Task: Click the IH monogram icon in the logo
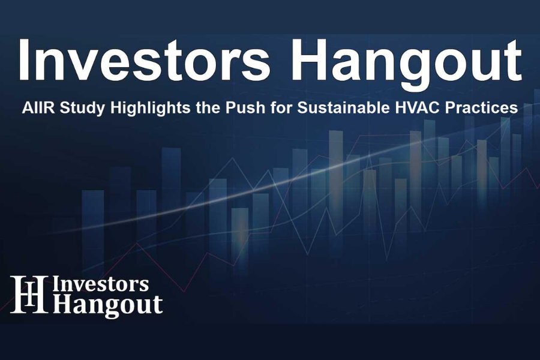[x=28, y=295]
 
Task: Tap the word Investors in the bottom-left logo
[x=101, y=284]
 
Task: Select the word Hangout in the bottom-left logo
[x=108, y=305]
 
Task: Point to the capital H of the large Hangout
[x=317, y=61]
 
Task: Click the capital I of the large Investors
[x=25, y=61]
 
